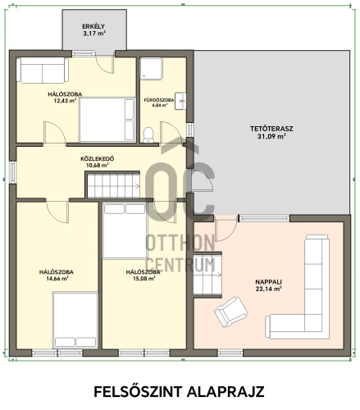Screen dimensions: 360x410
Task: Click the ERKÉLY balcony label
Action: click(x=93, y=26)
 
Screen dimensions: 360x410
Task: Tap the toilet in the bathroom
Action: click(x=148, y=134)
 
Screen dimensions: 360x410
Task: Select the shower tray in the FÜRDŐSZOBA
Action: click(x=152, y=69)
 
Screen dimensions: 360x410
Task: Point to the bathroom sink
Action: click(x=180, y=101)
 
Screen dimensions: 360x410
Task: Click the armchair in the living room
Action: click(x=231, y=312)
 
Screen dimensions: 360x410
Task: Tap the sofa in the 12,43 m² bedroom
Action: click(x=43, y=71)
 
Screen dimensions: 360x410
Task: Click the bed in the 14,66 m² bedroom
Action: click(x=75, y=321)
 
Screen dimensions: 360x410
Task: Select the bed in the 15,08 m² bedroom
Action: click(x=125, y=230)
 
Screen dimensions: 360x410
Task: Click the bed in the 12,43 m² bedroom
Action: click(x=107, y=120)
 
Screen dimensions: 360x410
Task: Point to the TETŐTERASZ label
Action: click(x=271, y=129)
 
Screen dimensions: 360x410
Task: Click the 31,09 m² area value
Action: click(x=271, y=136)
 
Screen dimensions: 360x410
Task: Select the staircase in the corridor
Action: click(x=113, y=186)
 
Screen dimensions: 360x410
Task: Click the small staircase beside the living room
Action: click(x=207, y=275)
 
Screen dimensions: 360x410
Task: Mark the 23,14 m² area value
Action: click(x=268, y=289)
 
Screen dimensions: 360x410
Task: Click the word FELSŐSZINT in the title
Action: click(x=138, y=392)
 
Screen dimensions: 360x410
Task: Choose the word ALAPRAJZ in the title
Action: click(x=226, y=392)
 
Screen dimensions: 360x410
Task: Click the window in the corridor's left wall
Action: click(x=12, y=172)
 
